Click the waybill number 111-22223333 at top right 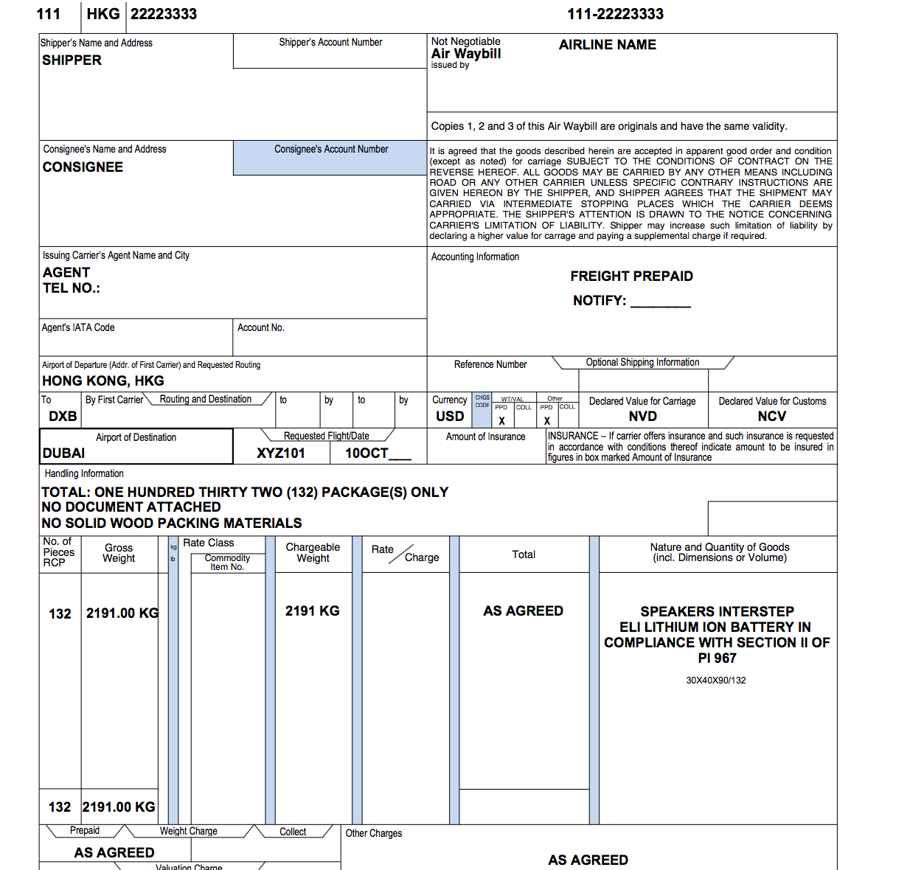coord(615,14)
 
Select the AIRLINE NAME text coord(607,45)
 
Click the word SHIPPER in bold coord(72,60)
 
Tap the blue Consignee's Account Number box coord(330,158)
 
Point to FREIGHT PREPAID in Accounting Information coord(631,276)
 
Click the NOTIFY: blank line coord(661,302)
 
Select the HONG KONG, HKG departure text coord(103,381)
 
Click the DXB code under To coord(63,417)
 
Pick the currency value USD coord(450,417)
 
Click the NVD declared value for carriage coord(642,417)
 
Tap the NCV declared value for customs coord(771,417)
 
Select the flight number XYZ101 coord(281,453)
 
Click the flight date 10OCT coord(367,453)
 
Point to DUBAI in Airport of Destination coord(64,453)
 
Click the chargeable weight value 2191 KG coord(312,611)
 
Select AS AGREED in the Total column coord(523,611)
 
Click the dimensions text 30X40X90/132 coord(715,681)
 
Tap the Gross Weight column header coord(119,553)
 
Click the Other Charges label coord(374,833)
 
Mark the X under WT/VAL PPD coord(501,421)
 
